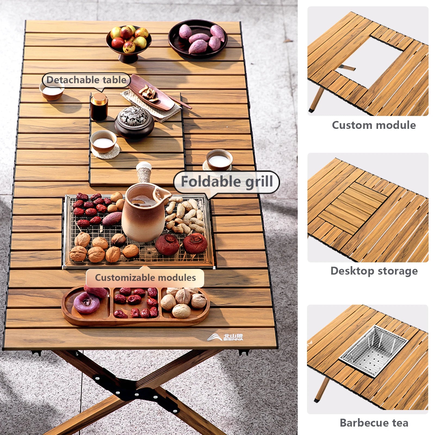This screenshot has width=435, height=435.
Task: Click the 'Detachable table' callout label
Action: [86, 80]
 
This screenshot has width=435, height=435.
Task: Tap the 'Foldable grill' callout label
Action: [227, 182]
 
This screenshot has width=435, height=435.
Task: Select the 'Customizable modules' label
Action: [145, 278]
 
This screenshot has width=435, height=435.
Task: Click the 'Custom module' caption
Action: [374, 125]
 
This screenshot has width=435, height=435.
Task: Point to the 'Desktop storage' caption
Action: [374, 271]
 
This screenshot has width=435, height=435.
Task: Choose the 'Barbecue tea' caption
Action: [374, 423]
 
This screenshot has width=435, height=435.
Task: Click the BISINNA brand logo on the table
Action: [226, 337]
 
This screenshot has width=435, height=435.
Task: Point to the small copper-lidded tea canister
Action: [99, 107]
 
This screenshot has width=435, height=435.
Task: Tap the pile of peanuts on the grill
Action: [184, 215]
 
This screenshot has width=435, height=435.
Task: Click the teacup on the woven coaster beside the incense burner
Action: [104, 141]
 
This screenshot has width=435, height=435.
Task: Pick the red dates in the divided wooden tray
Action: [135, 302]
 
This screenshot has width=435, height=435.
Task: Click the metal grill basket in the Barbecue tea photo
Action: [374, 351]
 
